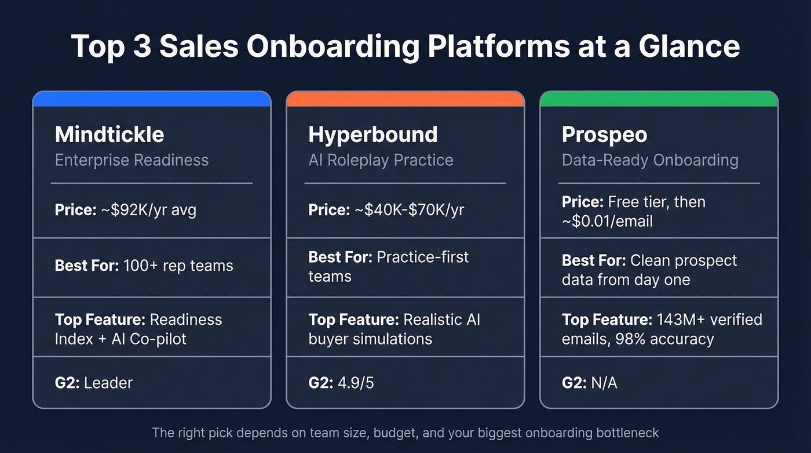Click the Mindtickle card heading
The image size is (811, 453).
109,135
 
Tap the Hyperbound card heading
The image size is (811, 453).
372,135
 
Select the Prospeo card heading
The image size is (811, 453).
604,135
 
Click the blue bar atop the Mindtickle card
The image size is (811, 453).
152,99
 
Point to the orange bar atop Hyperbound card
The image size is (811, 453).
405,99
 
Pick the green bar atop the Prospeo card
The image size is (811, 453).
659,99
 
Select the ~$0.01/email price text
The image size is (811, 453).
607,221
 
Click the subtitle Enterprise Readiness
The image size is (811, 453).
131,160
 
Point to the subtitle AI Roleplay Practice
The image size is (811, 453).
381,160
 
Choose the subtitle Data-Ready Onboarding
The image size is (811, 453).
650,160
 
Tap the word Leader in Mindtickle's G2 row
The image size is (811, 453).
108,383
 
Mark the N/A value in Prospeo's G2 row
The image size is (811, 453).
604,383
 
